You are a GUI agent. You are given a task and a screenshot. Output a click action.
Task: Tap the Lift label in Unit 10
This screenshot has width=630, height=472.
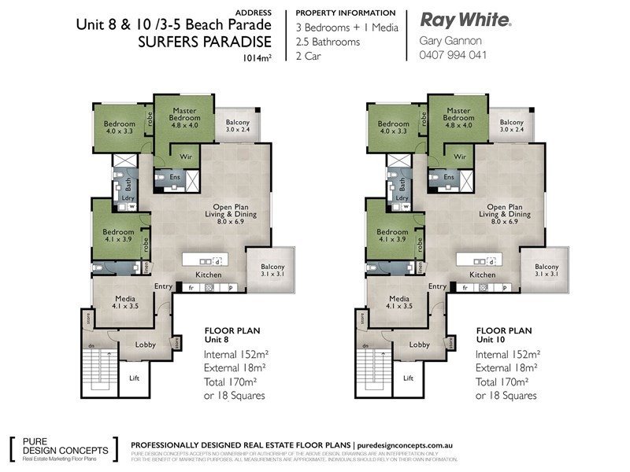[x=408, y=378]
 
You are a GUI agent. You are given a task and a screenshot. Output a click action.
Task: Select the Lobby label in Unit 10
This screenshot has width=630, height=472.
[x=419, y=345]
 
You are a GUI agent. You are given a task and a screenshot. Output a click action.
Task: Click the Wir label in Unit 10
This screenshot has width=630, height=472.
[x=459, y=157]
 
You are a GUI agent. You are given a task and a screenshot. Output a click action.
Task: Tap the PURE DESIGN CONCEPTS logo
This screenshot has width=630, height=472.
[x=61, y=449]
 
